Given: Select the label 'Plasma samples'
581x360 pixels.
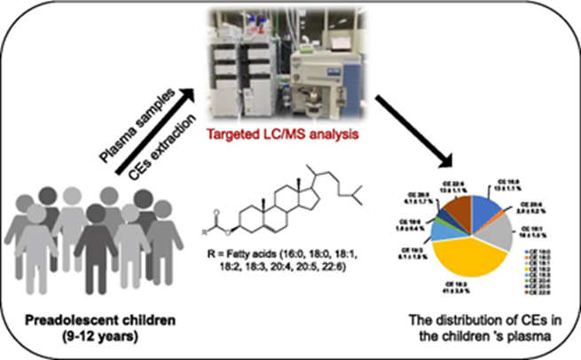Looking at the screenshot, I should point(143,122).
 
